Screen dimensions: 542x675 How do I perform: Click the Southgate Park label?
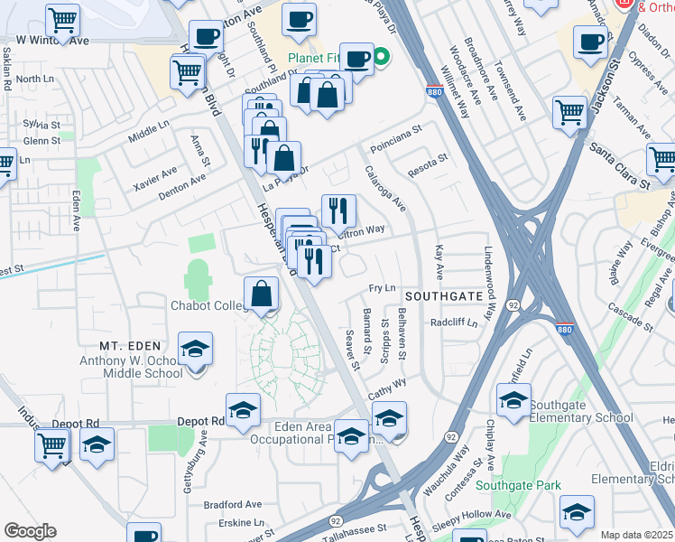[x=517, y=485]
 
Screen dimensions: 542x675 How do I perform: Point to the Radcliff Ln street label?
[x=453, y=322]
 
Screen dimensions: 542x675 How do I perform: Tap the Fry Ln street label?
[x=383, y=288]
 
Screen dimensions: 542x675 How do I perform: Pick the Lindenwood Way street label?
[x=490, y=284]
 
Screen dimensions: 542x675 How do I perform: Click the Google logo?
[x=30, y=531]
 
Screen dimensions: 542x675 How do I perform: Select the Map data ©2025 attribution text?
[x=636, y=535]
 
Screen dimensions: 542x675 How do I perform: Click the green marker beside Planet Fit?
[x=382, y=61]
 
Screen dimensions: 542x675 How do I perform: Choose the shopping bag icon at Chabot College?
[x=261, y=294]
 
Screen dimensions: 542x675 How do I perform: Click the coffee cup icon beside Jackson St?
[x=590, y=41]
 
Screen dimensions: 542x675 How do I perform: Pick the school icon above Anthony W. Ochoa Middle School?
[x=194, y=350]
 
